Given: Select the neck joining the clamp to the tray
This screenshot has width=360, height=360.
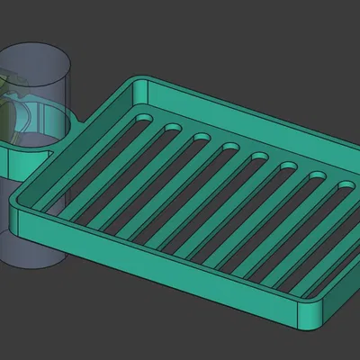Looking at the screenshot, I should pyautogui.click(x=76, y=122).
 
